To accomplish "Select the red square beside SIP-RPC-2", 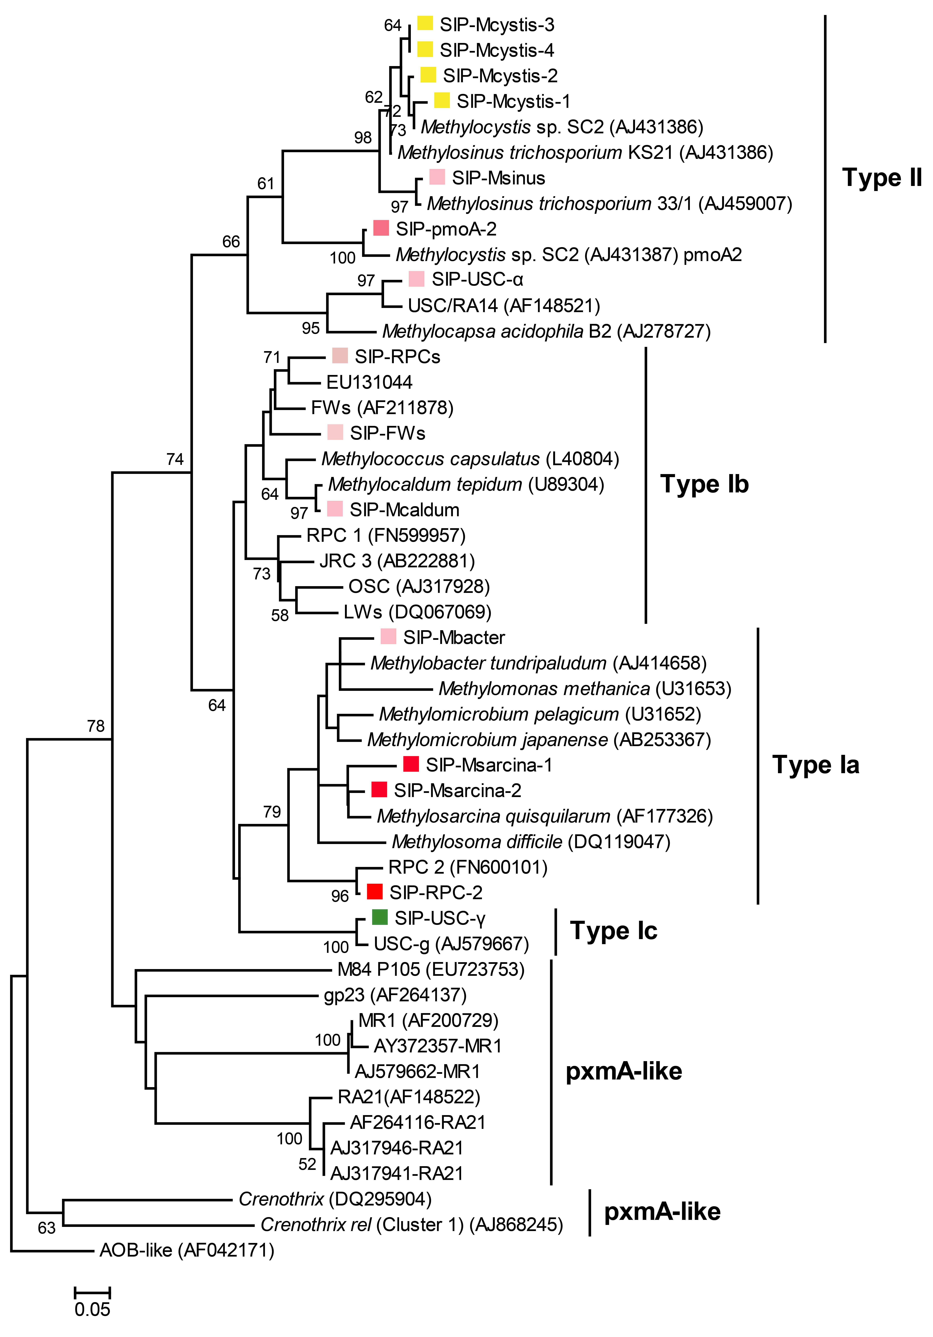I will point(374,892).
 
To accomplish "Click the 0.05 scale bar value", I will point(92,1310).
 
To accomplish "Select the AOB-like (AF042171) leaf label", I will point(186,1250).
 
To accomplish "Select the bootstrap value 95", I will point(310,328).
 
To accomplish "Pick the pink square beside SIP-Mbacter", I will point(388,636).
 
